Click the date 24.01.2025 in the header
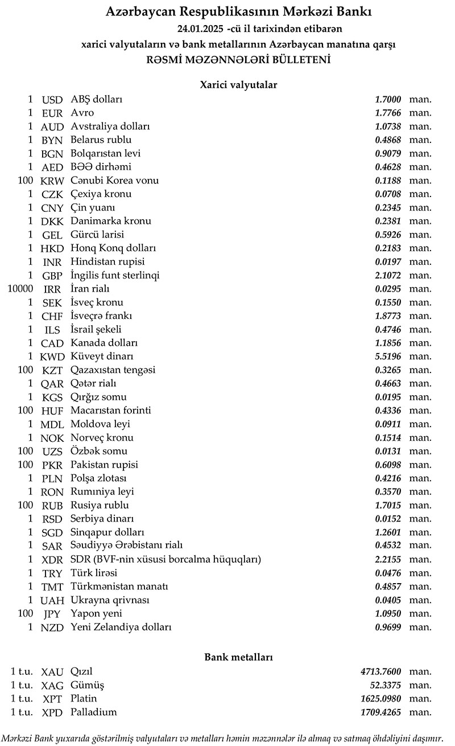(200, 28)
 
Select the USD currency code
(52, 100)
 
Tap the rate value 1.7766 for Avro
(388, 113)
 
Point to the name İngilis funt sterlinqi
(115, 276)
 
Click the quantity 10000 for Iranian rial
(20, 289)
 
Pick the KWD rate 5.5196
(388, 356)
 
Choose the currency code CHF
(52, 316)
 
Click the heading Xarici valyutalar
(238, 84)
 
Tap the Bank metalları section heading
(238, 657)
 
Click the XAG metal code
(52, 685)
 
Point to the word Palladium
(93, 712)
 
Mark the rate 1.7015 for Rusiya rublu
(388, 505)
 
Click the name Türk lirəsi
(94, 573)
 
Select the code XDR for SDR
(52, 560)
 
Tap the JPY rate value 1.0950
(388, 614)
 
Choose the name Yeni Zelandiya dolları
(121, 627)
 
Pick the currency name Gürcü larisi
(97, 235)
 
